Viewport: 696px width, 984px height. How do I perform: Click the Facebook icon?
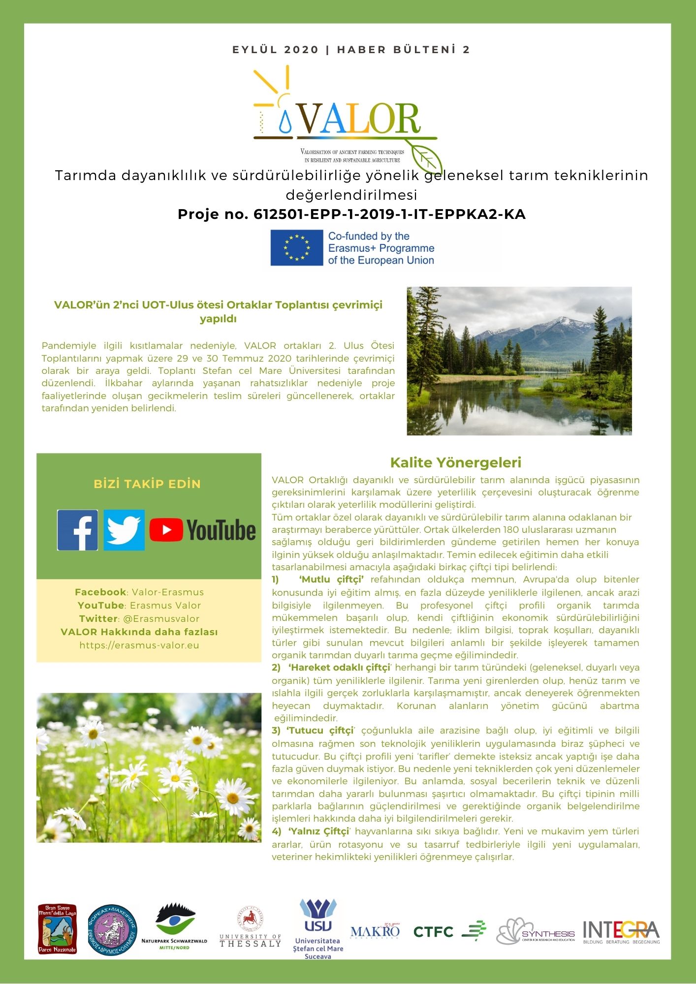click(x=77, y=530)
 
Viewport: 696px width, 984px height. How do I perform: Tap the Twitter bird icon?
click(x=124, y=530)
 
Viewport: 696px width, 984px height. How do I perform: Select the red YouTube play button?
click(x=166, y=530)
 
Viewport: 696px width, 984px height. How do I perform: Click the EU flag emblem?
click(x=296, y=247)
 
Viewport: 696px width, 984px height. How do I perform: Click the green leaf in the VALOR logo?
click(x=426, y=158)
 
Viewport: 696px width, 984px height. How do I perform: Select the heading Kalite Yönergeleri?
click(x=455, y=462)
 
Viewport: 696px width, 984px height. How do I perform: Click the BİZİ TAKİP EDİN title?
click(x=147, y=484)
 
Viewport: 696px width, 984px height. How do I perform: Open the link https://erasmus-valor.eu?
click(x=139, y=645)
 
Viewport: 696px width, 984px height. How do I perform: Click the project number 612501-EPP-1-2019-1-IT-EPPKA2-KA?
click(x=389, y=215)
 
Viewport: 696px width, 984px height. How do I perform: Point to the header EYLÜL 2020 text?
click(x=276, y=50)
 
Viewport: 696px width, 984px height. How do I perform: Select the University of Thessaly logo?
click(x=250, y=928)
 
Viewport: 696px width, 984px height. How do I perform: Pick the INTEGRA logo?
click(x=621, y=931)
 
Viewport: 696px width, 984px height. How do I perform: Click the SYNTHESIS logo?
click(x=535, y=931)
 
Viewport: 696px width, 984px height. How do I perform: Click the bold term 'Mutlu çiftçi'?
click(x=331, y=580)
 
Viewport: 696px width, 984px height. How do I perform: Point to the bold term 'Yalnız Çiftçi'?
click(x=318, y=831)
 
